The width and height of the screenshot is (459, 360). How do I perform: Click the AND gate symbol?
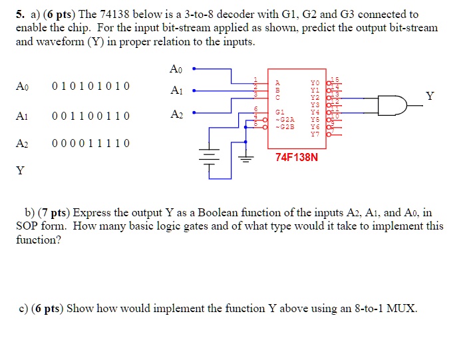[391, 105]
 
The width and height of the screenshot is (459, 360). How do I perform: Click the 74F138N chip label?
[297, 158]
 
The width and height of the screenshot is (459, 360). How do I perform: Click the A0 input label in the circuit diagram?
[176, 69]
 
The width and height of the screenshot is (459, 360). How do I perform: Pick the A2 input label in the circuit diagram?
[176, 114]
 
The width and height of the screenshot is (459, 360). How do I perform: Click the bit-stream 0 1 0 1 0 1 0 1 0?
[91, 87]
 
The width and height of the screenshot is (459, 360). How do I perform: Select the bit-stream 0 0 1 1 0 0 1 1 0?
[91, 116]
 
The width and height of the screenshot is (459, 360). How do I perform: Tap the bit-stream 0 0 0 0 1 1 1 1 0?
[91, 144]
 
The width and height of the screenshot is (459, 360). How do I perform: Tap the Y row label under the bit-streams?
[21, 171]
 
